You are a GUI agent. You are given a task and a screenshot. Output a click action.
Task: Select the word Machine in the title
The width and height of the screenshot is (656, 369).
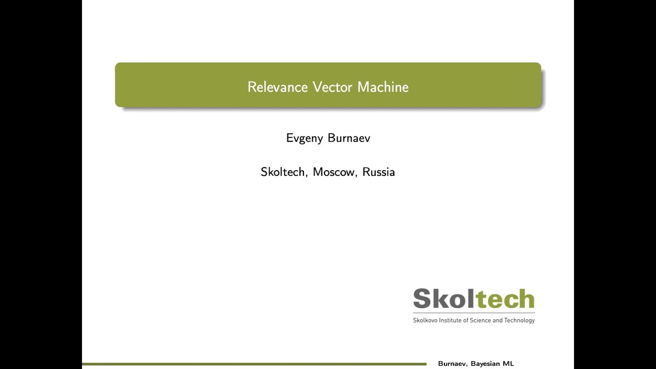pos(383,87)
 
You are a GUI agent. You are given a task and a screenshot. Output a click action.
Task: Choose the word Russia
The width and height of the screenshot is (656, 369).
pos(379,172)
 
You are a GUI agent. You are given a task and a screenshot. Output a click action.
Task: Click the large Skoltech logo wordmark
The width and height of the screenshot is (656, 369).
pos(474,299)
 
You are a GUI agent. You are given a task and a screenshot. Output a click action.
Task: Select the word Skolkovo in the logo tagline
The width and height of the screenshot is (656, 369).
pos(425,320)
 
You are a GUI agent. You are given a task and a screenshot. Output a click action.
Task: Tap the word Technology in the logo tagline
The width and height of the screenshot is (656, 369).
pos(519,320)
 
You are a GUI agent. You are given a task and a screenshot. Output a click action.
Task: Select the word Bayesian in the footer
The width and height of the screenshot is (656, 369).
pos(485,364)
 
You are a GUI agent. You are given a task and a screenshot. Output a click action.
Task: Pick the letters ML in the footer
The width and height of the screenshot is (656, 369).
pos(508,364)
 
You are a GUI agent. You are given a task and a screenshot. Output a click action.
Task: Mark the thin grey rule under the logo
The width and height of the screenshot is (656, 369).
pos(474,312)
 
